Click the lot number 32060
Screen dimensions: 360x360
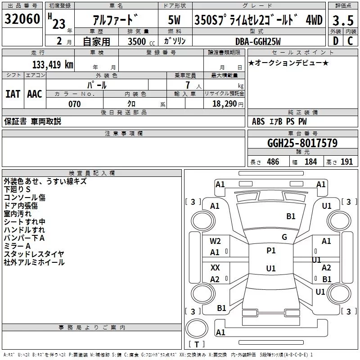(x=22, y=20)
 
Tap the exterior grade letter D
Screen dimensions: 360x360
(x=335, y=40)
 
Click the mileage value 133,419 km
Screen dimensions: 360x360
(x=53, y=64)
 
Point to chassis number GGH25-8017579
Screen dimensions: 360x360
(x=302, y=144)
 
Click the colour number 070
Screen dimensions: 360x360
(x=74, y=104)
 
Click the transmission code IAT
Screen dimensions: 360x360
(x=13, y=94)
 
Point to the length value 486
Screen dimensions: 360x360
(x=273, y=162)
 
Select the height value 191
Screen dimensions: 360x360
(x=346, y=162)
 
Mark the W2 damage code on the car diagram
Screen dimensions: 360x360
(x=215, y=241)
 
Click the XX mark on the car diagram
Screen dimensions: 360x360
(x=215, y=267)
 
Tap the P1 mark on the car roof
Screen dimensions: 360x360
(x=271, y=251)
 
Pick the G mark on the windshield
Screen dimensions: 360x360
(x=284, y=237)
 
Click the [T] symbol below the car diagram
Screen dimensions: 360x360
(x=196, y=345)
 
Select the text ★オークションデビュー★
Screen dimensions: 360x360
(x=288, y=63)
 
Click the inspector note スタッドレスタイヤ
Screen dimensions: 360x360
(x=34, y=254)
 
